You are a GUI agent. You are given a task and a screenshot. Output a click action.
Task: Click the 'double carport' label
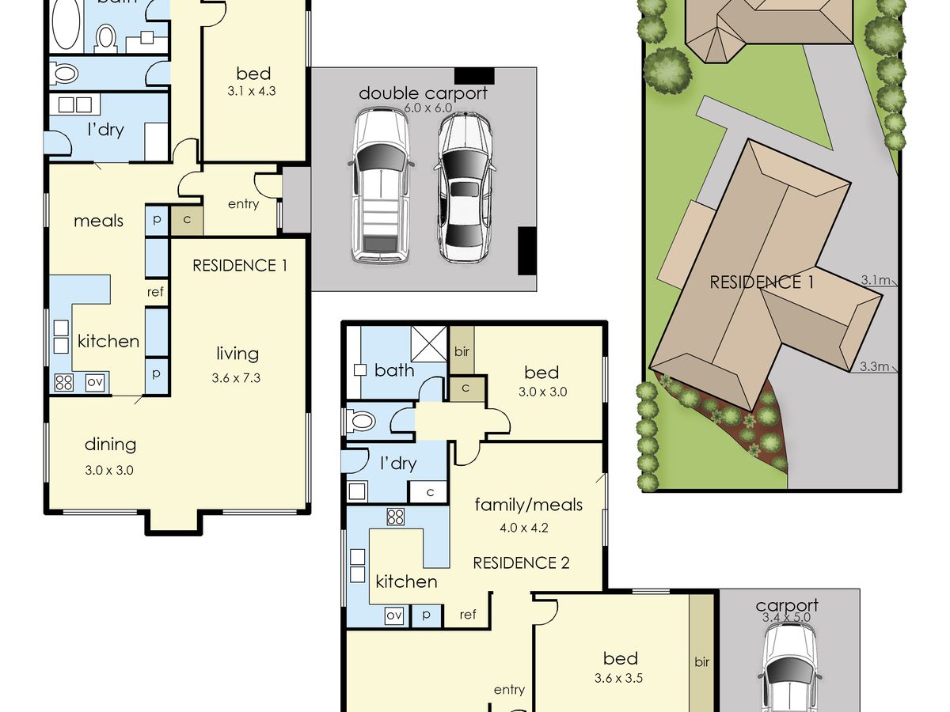tap(423, 93)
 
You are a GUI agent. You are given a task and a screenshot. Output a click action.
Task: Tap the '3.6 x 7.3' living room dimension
tap(236, 378)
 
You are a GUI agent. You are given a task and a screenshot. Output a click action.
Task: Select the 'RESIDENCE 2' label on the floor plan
tap(521, 562)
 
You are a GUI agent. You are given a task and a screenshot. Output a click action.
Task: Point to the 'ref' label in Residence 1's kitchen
tap(155, 292)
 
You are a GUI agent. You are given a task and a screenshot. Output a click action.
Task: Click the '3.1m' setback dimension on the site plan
tap(875, 280)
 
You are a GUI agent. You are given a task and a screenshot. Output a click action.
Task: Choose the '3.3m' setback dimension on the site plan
tap(874, 366)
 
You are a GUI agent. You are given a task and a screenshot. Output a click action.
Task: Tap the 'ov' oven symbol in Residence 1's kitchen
tap(95, 382)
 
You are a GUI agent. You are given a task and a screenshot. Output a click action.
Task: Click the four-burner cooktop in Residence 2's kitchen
tap(396, 517)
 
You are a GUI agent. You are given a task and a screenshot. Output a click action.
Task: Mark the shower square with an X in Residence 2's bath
tap(428, 343)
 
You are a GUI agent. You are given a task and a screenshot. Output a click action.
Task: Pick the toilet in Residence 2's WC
tap(361, 421)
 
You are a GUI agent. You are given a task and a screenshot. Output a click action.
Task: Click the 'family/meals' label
tap(529, 505)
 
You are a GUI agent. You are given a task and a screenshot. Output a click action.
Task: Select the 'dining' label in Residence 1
tap(110, 445)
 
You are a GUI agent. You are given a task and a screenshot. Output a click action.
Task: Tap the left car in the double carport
tap(381, 186)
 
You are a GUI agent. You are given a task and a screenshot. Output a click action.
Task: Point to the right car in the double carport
tap(464, 187)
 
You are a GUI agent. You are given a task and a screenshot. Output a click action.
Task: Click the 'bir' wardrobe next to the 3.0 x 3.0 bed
tap(462, 350)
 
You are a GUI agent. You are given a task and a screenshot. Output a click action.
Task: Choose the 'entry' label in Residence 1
tap(243, 204)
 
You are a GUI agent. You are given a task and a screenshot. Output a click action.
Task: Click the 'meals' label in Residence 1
tap(99, 221)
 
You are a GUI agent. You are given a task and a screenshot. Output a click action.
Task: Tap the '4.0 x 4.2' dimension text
tap(524, 528)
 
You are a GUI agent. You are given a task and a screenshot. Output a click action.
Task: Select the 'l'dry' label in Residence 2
tap(398, 464)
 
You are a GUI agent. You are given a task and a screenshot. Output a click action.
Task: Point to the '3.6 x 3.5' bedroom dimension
tap(618, 678)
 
